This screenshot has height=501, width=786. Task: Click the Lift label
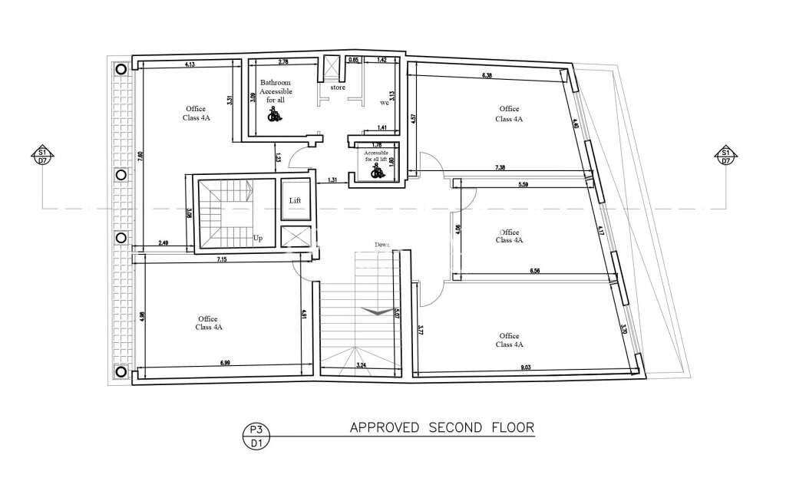(295, 200)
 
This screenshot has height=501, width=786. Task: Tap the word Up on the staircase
(258, 239)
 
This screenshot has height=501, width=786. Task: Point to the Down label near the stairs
(382, 245)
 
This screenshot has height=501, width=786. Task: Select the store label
(338, 87)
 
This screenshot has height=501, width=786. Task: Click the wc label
(385, 102)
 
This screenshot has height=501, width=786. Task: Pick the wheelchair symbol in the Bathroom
(273, 115)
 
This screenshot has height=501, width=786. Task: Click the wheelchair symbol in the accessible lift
(376, 173)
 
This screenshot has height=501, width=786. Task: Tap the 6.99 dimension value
(225, 363)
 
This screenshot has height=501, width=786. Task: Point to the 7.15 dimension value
(222, 259)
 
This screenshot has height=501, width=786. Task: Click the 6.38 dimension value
(487, 75)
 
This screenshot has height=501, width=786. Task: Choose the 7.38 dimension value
(501, 167)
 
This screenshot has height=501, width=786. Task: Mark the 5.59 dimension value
(524, 185)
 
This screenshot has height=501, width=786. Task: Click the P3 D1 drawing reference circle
(253, 436)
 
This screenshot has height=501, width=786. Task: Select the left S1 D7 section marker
(42, 156)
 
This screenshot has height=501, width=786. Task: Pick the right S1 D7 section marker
(725, 156)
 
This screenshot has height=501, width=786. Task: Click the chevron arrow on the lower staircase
(375, 311)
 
